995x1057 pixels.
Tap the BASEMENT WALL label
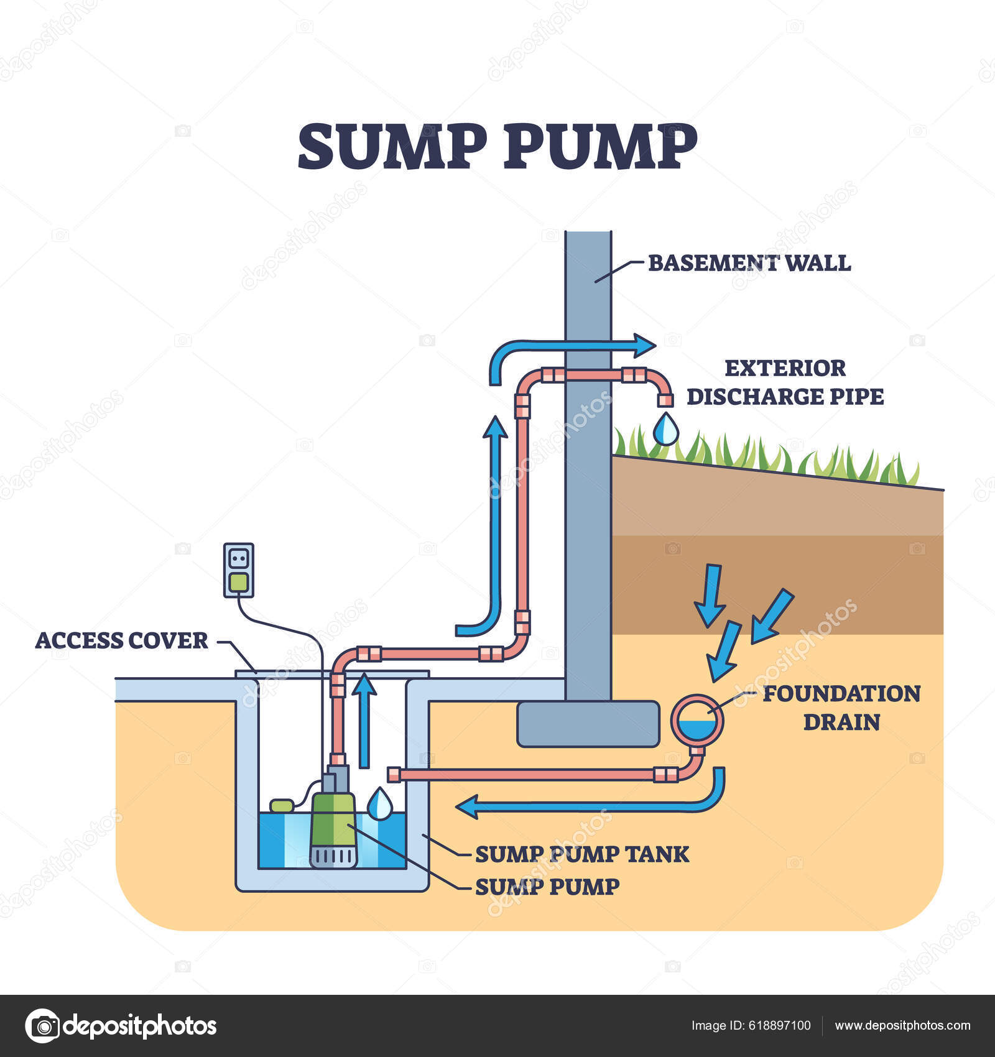click(749, 263)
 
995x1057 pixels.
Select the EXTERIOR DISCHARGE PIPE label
click(785, 382)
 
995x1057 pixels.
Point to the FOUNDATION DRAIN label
click(841, 708)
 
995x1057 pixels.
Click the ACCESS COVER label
click(122, 640)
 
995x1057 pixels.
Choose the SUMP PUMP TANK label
click(582, 854)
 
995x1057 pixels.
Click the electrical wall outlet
click(239, 570)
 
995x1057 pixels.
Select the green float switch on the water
click(282, 805)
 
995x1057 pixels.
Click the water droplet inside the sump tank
click(379, 804)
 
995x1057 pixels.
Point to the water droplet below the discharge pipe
click(666, 429)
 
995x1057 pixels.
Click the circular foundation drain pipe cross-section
click(697, 720)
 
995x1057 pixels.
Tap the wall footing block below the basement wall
click(588, 724)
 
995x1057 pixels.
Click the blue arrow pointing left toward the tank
click(591, 806)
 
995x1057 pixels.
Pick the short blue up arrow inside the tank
click(364, 721)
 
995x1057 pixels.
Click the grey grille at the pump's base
click(334, 857)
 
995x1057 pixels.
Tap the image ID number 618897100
click(777, 1025)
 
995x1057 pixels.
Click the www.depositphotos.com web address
click(902, 1025)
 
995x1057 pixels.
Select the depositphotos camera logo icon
click(43, 1025)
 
